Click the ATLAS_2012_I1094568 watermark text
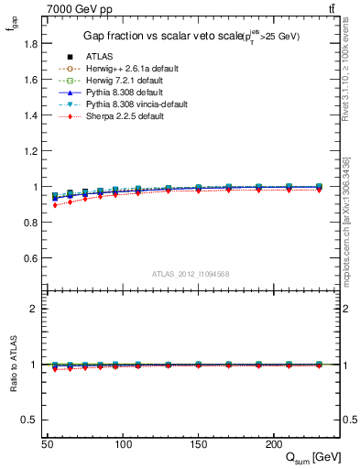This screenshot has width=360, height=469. click(x=190, y=274)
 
